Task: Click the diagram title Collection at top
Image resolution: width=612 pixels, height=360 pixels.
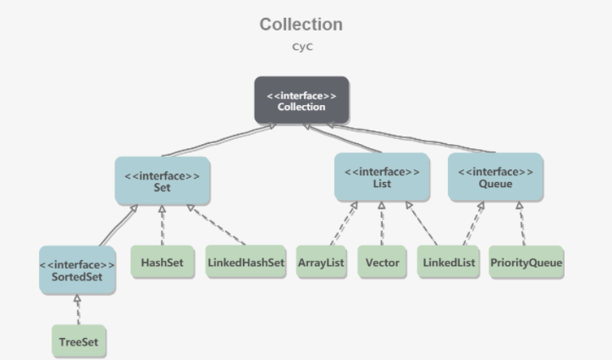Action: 300,25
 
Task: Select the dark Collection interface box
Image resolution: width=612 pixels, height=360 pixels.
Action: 301,100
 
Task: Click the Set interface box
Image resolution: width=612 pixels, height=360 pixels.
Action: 162,180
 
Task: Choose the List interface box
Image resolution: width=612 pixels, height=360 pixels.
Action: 381,177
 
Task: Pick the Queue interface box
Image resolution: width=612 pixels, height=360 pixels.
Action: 495,177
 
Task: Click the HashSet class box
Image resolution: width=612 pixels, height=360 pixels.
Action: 163,262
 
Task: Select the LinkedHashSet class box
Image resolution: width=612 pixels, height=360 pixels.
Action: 245,262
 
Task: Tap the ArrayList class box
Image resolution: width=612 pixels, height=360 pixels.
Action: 322,262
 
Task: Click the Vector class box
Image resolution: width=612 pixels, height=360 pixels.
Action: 383,262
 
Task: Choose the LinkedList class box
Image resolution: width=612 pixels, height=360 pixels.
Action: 449,262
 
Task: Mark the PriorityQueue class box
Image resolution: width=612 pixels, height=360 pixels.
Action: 526,262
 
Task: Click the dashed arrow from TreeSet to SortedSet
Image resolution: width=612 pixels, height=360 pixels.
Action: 78,310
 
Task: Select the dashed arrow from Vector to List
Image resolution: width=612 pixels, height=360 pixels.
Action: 382,224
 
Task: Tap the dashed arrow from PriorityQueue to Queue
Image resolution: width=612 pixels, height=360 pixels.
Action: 521,224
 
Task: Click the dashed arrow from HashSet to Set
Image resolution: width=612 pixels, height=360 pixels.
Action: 162,224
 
